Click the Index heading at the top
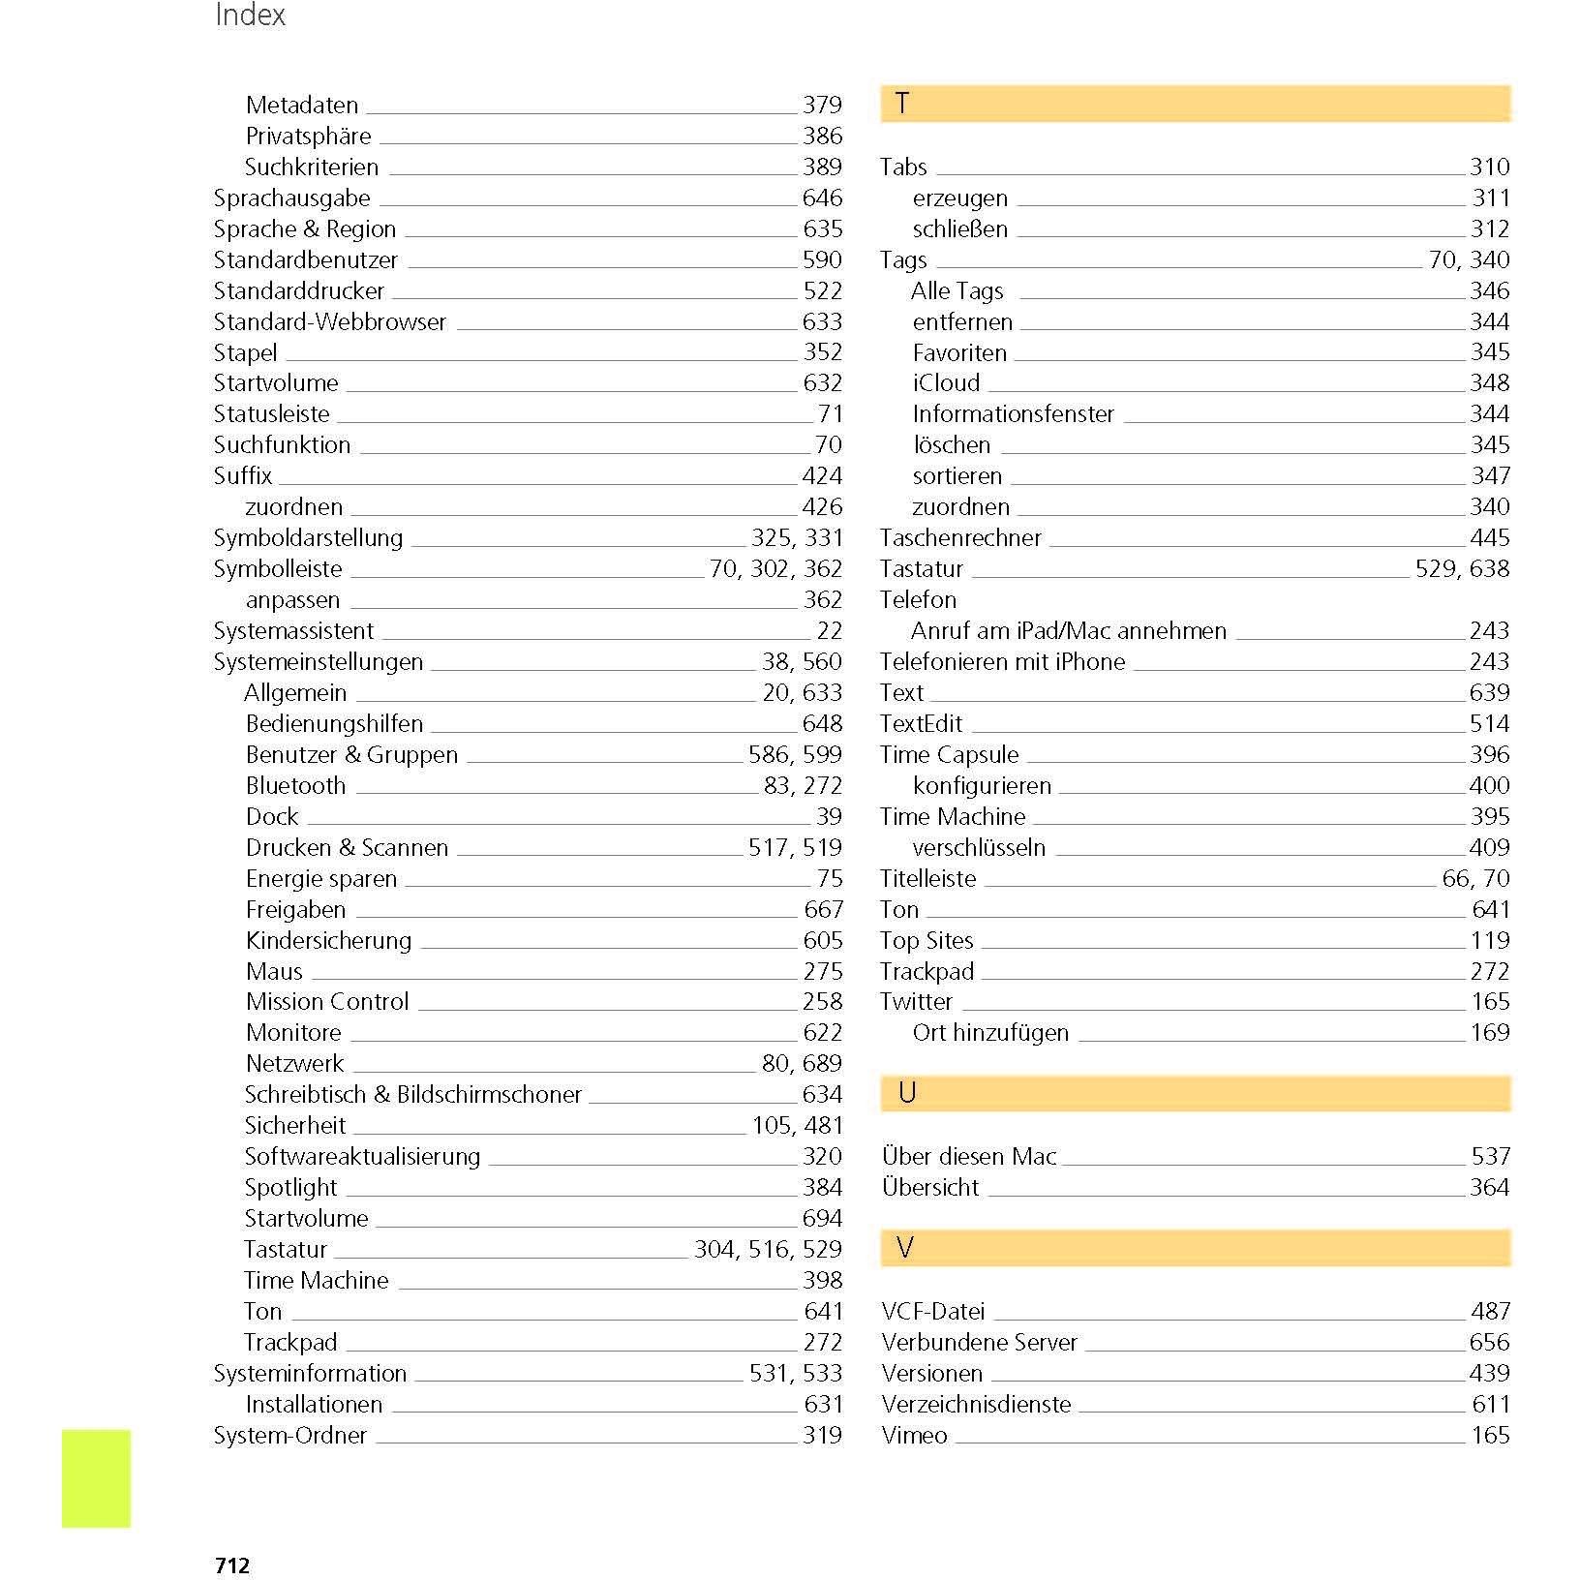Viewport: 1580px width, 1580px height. tap(250, 15)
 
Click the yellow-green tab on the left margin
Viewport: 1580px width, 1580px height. tap(96, 1477)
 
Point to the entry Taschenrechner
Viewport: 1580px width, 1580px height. tap(959, 538)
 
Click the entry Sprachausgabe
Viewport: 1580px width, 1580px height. tap(291, 198)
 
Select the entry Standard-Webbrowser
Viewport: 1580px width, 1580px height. tap(329, 322)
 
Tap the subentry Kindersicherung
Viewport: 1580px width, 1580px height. tap(328, 941)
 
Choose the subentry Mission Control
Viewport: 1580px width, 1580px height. tap(327, 1002)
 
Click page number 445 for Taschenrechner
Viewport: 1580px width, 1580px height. tap(1489, 538)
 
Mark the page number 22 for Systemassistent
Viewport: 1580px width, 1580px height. tap(829, 631)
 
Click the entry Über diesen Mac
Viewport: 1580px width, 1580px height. tap(968, 1157)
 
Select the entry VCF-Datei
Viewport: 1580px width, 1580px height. tap(932, 1312)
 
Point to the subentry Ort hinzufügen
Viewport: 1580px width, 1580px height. tap(989, 1033)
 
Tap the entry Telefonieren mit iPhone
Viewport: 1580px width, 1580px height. tap(1002, 662)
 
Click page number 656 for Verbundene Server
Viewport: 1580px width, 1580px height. tap(1489, 1343)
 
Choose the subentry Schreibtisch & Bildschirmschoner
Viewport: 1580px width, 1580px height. tap(412, 1095)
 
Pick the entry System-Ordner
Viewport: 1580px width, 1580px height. tap(289, 1436)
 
